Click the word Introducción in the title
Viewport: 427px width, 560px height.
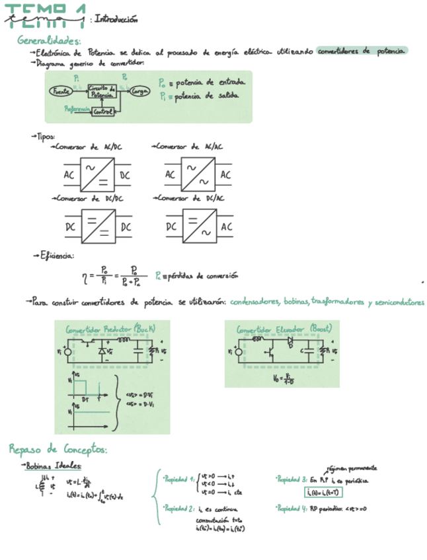click(x=116, y=19)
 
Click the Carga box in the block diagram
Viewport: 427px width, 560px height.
click(x=140, y=91)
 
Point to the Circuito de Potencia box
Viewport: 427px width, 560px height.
click(x=102, y=92)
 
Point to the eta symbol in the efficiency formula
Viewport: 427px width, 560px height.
click(x=84, y=276)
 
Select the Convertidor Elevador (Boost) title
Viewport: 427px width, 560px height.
click(x=284, y=328)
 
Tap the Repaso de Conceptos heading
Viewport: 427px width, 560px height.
click(x=58, y=450)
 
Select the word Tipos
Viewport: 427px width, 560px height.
click(x=45, y=136)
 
